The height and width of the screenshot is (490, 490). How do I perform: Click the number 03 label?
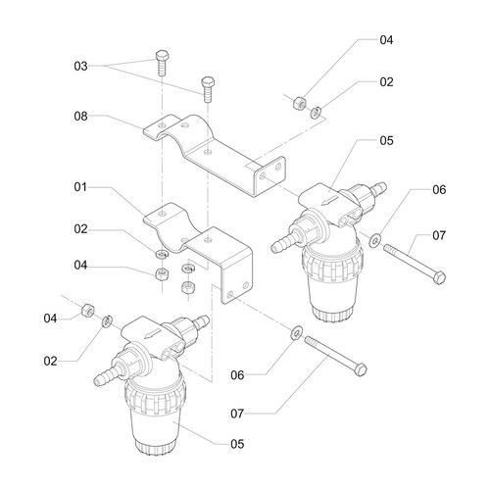pos(80,66)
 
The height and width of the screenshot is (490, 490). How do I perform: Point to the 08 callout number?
pos(80,116)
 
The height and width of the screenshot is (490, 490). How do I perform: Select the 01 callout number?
pos(80,187)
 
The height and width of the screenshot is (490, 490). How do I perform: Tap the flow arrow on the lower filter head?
pos(153,333)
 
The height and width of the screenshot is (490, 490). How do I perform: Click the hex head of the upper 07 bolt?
pos(439,277)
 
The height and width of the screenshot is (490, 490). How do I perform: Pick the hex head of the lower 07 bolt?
pos(360,369)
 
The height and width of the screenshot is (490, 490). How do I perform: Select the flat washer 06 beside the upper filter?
pos(374,240)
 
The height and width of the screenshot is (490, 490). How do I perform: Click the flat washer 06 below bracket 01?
pos(297,332)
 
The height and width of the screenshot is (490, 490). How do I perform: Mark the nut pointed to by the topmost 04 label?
pos(299,102)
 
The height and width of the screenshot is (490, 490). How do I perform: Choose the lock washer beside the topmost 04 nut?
pos(316,113)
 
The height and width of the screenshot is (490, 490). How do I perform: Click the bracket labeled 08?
pos(215,153)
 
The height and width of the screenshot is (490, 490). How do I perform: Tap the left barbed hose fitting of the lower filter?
pos(106,376)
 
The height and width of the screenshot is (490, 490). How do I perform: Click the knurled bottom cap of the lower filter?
pos(156,447)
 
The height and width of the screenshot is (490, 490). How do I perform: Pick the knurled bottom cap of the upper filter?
pos(332,314)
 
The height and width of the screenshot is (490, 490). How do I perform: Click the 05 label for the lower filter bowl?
pos(237,444)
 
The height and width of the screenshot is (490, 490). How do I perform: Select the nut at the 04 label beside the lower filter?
pos(88,310)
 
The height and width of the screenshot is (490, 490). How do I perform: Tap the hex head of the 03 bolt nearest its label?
pos(162,56)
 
